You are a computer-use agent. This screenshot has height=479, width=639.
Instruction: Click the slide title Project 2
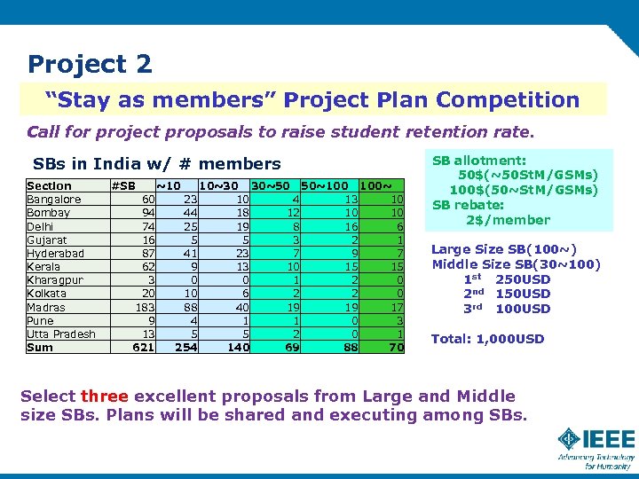[90, 64]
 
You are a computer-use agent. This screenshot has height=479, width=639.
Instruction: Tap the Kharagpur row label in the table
[54, 279]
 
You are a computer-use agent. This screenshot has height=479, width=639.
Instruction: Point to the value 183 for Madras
[144, 307]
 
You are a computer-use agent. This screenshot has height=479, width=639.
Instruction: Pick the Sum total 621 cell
[144, 348]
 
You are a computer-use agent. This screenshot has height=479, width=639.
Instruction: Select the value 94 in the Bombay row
[147, 213]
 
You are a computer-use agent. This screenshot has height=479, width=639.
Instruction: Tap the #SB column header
[123, 185]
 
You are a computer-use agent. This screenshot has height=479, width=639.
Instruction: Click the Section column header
[50, 185]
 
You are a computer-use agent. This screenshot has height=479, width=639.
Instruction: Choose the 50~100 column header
[325, 185]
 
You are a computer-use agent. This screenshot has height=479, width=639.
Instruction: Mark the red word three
[104, 396]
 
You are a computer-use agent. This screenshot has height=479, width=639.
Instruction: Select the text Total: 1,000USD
[488, 339]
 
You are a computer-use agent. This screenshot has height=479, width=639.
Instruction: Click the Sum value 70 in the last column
[396, 348]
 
